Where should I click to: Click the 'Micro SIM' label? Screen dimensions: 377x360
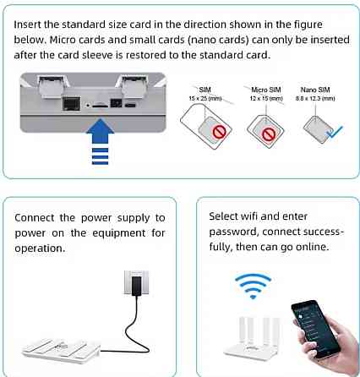click(265, 88)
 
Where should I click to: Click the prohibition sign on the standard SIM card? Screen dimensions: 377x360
click(221, 133)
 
